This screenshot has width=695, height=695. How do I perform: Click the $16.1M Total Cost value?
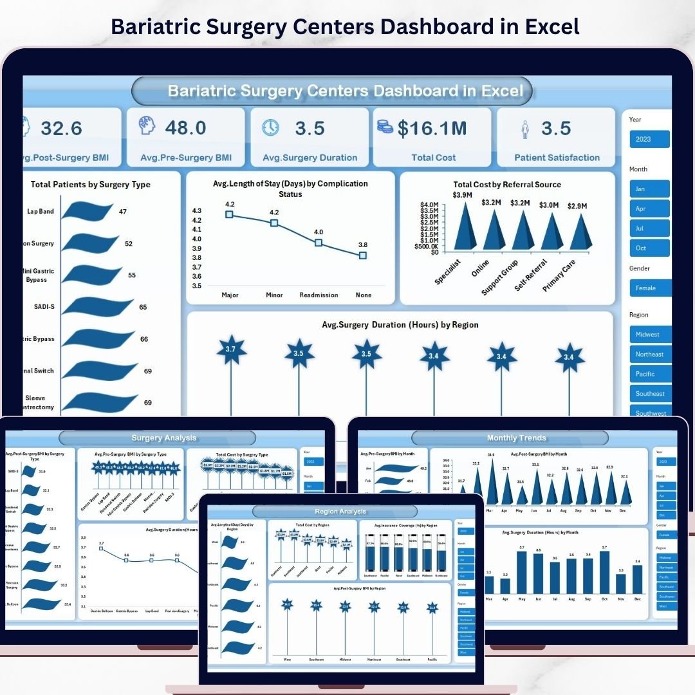coord(432,128)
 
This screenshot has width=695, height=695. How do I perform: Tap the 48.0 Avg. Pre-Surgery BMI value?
coord(185,127)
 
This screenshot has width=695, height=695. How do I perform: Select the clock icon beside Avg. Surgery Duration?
coord(271,127)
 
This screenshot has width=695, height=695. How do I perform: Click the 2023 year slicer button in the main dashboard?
coord(650,139)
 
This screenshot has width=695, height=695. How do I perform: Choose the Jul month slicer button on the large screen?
coord(650,228)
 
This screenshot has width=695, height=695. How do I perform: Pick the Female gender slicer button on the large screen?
coord(650,288)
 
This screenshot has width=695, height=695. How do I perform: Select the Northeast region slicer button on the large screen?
coord(650,354)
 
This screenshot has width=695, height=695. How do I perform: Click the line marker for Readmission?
coord(319,243)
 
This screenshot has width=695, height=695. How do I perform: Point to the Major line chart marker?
coord(229,214)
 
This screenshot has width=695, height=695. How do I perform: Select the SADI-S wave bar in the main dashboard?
coord(97,307)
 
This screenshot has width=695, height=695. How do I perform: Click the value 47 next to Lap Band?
coord(123,211)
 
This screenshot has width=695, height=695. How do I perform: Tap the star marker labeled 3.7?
coord(232,350)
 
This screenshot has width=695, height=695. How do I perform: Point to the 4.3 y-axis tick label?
coord(197,211)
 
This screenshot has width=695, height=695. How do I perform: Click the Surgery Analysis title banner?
coord(163,438)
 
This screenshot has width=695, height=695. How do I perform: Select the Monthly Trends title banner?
coord(516,438)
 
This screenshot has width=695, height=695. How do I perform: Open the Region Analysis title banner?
coord(340,512)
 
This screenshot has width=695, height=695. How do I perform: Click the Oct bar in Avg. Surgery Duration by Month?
coord(604,570)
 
